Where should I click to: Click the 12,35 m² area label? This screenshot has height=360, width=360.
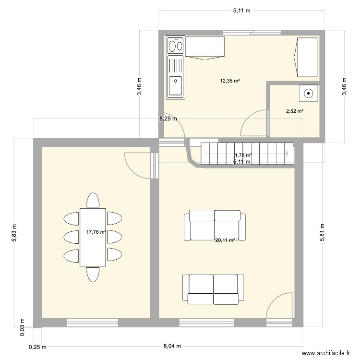coord(230,81)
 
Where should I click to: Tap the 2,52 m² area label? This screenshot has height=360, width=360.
coord(295,111)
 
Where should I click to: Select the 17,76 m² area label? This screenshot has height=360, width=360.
coord(96,232)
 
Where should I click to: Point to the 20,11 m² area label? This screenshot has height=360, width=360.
coord(225,240)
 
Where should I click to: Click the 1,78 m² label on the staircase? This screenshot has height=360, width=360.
coord(243,155)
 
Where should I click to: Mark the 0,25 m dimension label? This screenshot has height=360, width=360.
coord(35,347)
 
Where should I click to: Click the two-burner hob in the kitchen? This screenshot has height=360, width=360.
coord(176,46)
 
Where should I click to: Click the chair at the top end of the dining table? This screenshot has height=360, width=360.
coord(93,200)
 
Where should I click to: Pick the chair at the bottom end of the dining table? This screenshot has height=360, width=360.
coord(93,274)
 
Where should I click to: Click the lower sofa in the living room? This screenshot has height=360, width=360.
coord(214,288)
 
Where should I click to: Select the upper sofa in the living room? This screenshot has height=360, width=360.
coord(215,225)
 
